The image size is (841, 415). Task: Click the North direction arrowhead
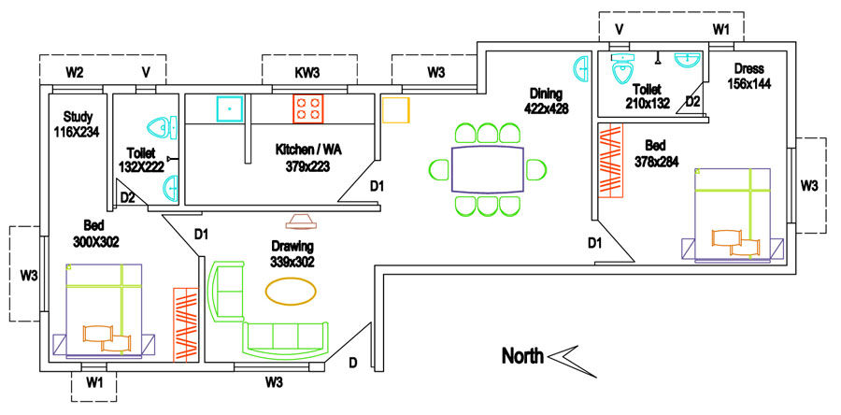tap(566, 357)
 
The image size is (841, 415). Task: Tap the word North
tap(523, 356)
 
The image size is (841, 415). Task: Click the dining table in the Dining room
tap(488, 169)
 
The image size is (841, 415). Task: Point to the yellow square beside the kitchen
tap(395, 108)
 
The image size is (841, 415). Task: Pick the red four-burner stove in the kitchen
tap(308, 108)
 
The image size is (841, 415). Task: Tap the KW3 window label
tap(307, 72)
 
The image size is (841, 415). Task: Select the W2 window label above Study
tap(75, 72)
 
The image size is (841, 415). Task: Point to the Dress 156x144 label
tap(748, 77)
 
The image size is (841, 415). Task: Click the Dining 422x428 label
tap(548, 101)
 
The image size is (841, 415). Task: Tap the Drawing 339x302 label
tap(292, 254)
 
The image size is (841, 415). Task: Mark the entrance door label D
tap(353, 363)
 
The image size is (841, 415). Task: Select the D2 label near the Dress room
tap(693, 100)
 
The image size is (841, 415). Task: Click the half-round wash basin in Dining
tap(580, 67)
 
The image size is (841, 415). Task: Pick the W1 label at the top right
tap(720, 30)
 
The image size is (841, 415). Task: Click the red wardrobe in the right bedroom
tap(610, 161)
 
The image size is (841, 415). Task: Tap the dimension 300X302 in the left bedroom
tap(94, 241)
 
